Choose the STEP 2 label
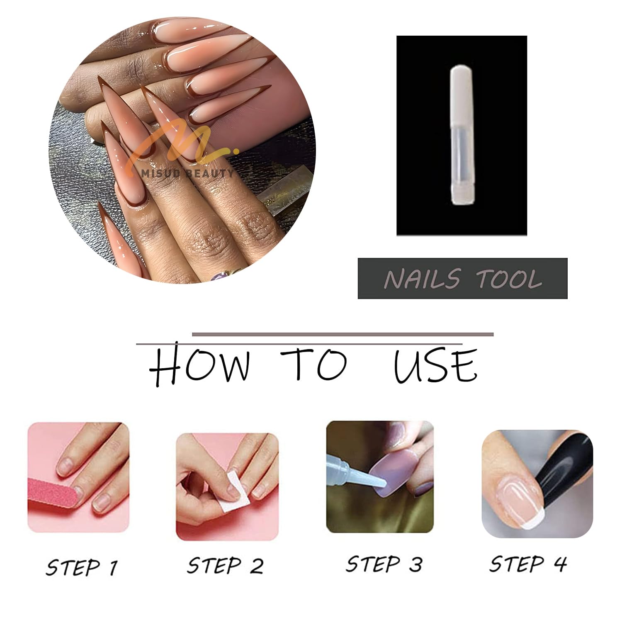click(x=225, y=565)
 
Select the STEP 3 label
click(x=384, y=564)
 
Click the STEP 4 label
click(x=528, y=564)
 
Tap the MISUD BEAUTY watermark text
click(x=187, y=173)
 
